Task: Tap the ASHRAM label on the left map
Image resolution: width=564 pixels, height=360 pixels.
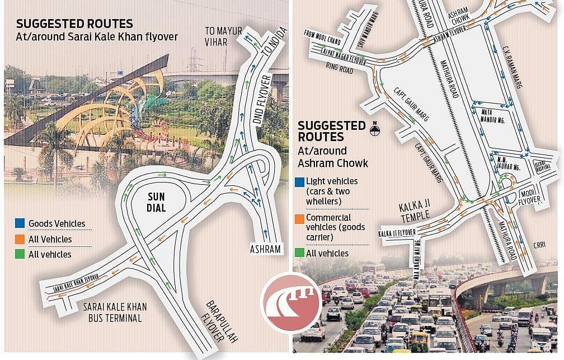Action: tap(265, 249)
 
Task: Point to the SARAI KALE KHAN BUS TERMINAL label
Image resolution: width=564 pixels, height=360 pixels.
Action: tap(112, 312)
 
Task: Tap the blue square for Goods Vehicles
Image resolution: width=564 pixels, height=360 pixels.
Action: tap(20, 223)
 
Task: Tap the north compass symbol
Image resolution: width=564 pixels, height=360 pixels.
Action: tap(375, 130)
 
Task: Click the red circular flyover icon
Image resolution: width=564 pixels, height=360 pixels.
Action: tap(291, 301)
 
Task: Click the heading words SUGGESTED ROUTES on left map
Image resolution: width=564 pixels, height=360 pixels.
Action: tap(74, 24)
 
